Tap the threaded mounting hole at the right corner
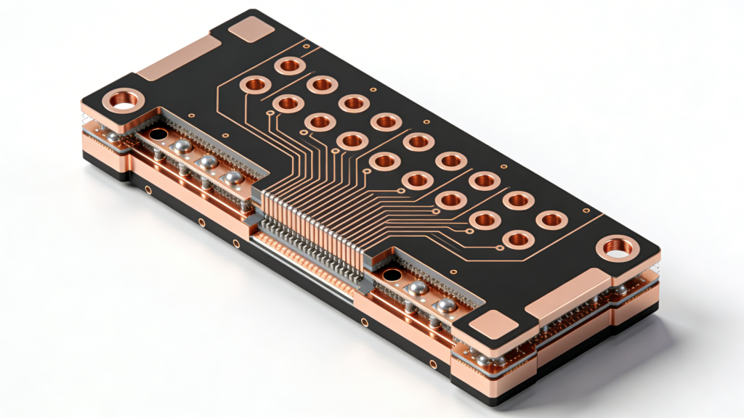(618, 248)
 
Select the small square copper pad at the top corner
(251, 30)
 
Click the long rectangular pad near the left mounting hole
(179, 58)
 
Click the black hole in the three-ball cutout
(157, 134)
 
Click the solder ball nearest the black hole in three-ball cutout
(182, 147)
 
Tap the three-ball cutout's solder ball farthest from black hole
(232, 178)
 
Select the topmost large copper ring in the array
(289, 67)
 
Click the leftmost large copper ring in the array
(256, 84)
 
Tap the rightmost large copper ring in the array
(551, 218)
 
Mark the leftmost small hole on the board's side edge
(148, 190)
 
